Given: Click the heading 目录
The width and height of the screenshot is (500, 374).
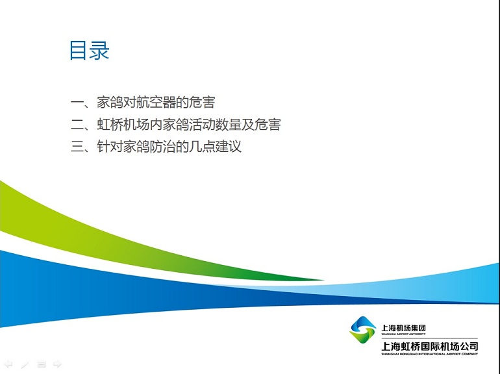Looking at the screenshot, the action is (90, 51).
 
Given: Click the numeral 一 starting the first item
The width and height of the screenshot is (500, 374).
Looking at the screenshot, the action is (77, 103).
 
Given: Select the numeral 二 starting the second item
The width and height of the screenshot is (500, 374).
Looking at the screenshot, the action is (77, 125).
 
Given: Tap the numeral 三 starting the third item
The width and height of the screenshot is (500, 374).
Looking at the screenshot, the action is (77, 147).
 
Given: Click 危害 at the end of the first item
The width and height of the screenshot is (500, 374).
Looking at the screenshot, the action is (202, 103).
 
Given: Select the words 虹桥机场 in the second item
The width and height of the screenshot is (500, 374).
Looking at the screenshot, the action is (123, 125).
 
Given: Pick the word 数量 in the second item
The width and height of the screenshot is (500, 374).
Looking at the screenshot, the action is (229, 125).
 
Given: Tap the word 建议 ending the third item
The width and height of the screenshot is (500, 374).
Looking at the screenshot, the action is (229, 147).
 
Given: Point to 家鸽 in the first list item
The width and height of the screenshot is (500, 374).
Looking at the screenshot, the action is (110, 103).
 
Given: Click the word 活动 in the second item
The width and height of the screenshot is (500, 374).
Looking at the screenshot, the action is (202, 125).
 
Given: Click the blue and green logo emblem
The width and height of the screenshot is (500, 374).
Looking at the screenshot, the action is (363, 330).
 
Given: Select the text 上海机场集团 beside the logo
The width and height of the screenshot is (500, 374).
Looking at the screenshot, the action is (404, 328).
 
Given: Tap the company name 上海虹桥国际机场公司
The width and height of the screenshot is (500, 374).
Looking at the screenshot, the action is (430, 346).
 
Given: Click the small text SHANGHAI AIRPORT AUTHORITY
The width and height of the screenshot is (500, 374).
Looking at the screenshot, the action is (404, 334).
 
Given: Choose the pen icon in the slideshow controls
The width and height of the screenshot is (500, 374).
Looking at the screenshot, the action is (25, 364).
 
